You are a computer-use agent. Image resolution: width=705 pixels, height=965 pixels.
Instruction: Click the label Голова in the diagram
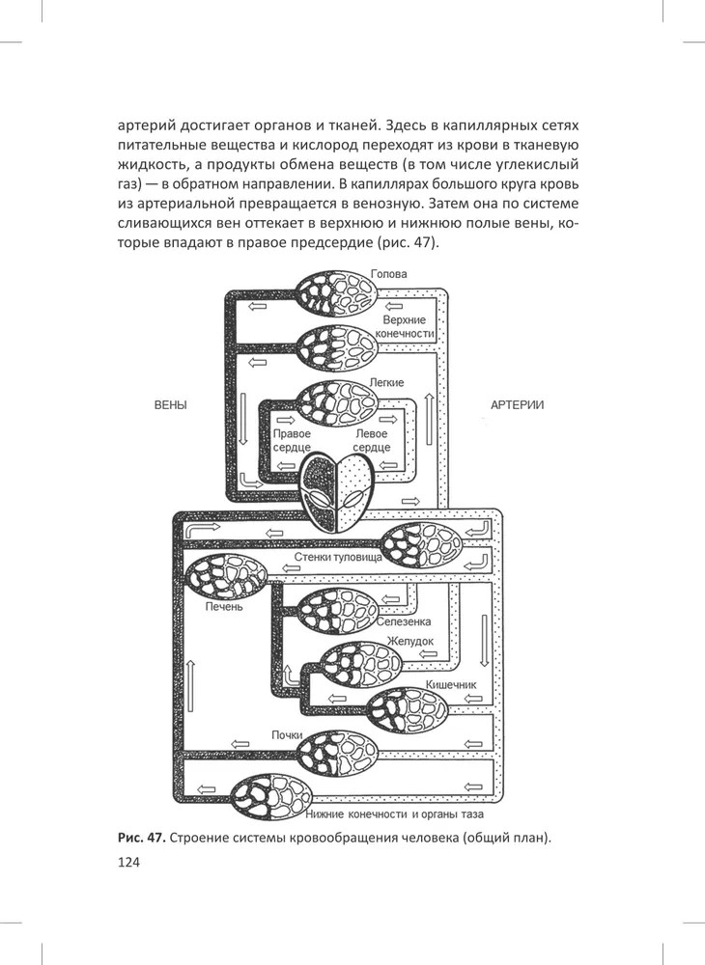[389, 274]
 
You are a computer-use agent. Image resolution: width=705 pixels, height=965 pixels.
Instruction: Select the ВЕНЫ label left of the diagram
[171, 405]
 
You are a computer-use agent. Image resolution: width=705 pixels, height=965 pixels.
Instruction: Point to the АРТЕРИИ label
[517, 405]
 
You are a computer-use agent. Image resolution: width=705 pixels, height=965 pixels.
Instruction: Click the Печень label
[223, 608]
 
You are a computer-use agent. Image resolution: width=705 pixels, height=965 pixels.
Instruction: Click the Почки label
[288, 736]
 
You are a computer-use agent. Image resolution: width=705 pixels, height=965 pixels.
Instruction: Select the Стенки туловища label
[337, 558]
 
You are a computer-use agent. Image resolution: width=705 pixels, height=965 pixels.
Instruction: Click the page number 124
[128, 862]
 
